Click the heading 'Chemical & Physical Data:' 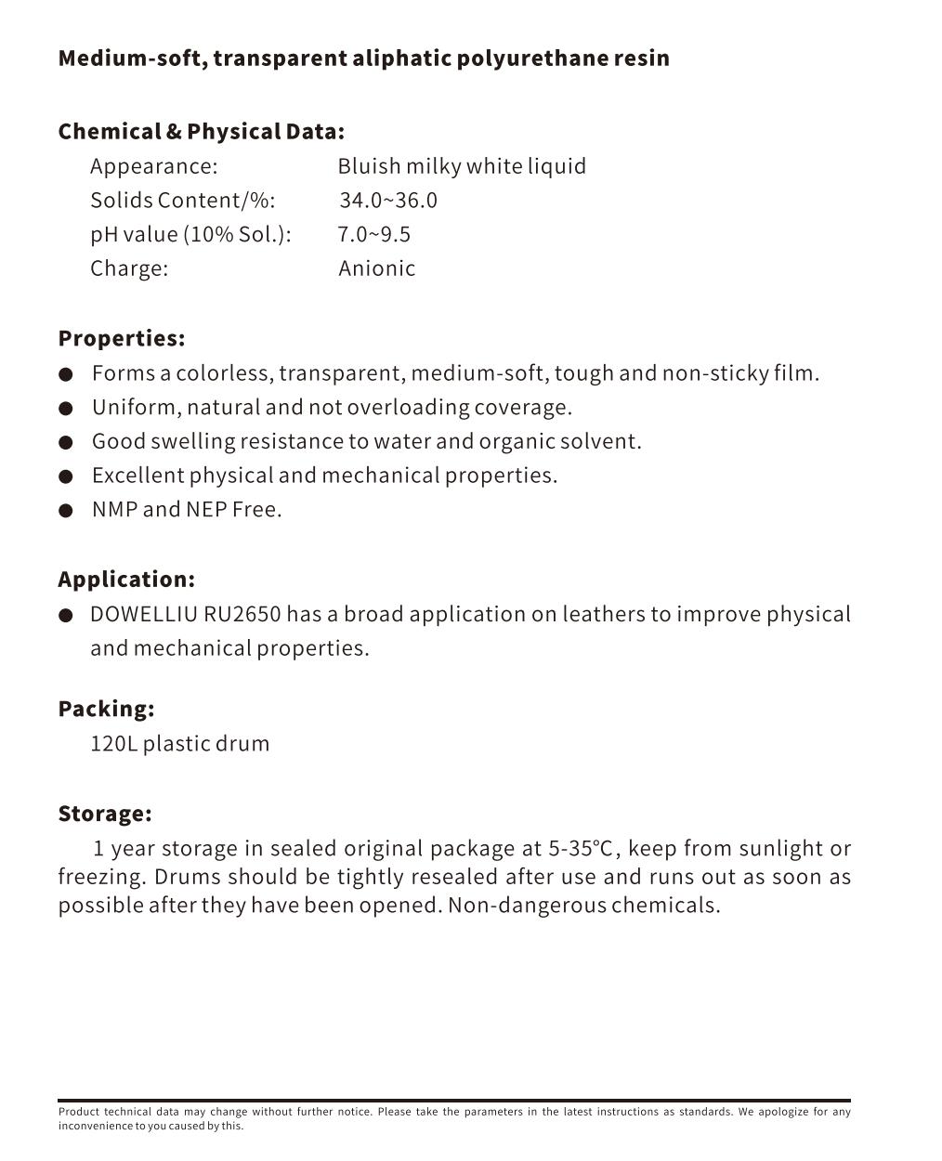[x=201, y=132]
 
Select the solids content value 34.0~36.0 [x=388, y=201]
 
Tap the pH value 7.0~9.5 [x=373, y=234]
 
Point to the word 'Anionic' [x=376, y=268]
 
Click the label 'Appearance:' [x=153, y=166]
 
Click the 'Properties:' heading [x=122, y=338]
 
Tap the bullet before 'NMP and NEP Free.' [x=65, y=510]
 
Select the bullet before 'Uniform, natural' [x=65, y=408]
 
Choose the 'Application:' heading [x=126, y=580]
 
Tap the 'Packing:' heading [x=106, y=709]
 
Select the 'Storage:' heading [x=105, y=814]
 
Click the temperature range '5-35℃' [x=581, y=849]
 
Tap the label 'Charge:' [x=129, y=268]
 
